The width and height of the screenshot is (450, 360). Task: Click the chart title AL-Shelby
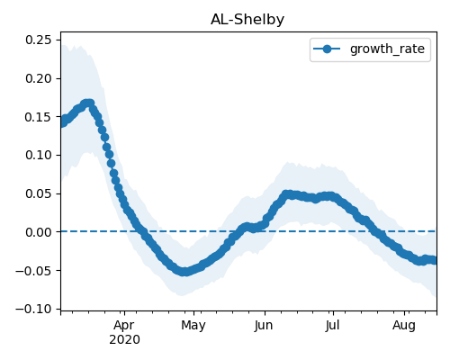[247, 20]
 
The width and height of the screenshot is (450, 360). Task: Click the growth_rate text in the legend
[387, 49]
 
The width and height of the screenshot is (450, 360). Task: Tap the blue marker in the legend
[327, 49]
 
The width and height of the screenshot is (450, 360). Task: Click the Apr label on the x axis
[124, 326]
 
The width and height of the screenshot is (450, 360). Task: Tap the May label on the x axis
[193, 326]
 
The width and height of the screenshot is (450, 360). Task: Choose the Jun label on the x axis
[264, 326]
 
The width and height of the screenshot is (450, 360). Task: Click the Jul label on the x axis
[332, 326]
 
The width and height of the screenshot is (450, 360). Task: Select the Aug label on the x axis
[404, 326]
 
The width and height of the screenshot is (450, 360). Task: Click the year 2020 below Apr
[124, 339]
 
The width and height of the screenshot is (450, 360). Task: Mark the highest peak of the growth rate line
[88, 103]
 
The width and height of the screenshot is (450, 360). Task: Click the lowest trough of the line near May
[185, 272]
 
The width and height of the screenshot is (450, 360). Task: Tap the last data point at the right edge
[434, 260]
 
